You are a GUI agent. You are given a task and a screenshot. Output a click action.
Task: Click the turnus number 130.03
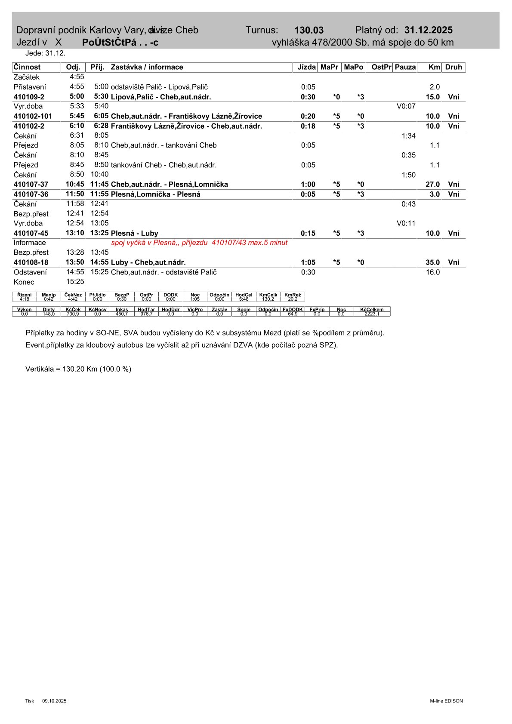pos(308,30)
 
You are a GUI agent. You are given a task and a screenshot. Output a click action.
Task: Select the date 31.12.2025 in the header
pos(428,30)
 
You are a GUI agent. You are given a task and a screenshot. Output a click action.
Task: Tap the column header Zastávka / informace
pos(147,67)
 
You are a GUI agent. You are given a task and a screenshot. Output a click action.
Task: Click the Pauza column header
pos(405,67)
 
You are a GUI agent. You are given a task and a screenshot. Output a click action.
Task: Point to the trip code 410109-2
pos(29,97)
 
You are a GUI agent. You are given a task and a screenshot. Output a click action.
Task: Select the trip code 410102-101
pos(33,116)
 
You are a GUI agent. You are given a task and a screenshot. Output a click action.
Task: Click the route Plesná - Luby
pos(134,233)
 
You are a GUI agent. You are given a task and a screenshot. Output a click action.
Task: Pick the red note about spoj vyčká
pos(199,243)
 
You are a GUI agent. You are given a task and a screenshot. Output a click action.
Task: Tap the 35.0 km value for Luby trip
pos(432,262)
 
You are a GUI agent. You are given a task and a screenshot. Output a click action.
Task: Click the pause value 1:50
pos(408,175)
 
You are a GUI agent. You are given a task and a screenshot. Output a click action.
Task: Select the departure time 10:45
pos(75,184)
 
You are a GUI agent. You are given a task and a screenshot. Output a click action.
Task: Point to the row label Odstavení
pos(30,272)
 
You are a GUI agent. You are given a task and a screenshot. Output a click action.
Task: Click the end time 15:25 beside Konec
pos(75,282)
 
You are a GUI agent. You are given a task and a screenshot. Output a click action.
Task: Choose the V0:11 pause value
pos(406,223)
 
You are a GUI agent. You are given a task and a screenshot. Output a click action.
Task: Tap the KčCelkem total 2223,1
pos(372,314)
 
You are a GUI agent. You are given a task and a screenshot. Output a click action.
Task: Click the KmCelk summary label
pos(268,295)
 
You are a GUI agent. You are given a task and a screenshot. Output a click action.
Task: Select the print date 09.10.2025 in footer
pos(54,701)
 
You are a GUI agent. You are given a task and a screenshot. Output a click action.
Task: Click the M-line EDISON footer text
pos(446,701)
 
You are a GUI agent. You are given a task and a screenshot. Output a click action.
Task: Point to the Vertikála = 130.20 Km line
pos(78,369)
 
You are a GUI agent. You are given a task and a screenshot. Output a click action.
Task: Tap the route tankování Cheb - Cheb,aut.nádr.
pos(163,165)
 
